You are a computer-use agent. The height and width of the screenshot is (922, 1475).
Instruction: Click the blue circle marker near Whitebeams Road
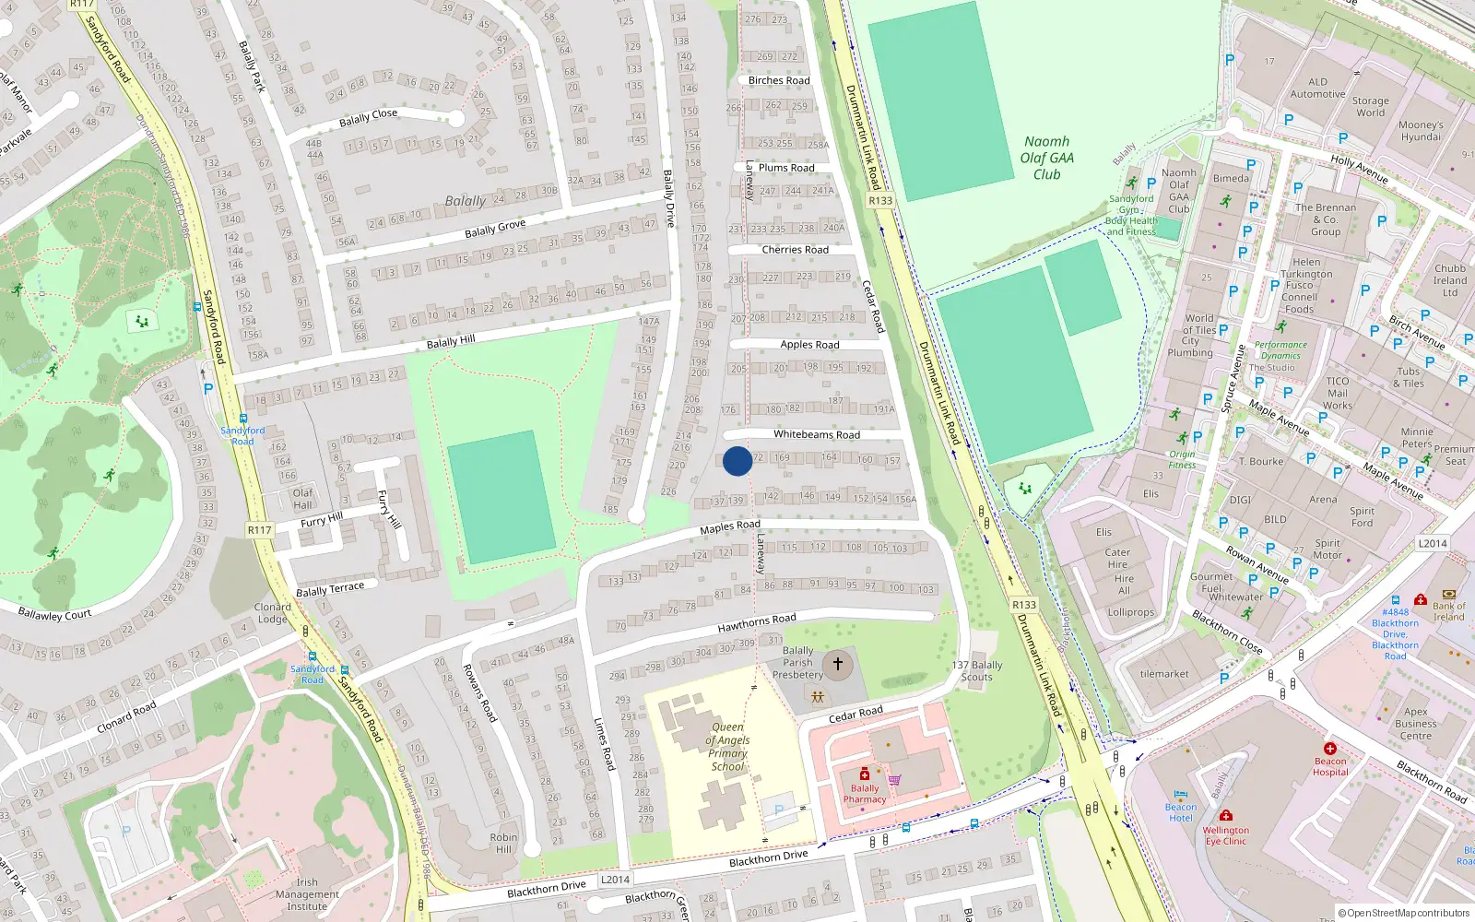tap(737, 461)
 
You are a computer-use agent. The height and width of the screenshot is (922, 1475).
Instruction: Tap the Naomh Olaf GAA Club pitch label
tap(1046, 158)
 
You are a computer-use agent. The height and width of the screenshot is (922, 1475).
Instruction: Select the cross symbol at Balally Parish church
tap(837, 663)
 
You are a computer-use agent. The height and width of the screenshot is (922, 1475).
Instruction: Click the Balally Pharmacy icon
tap(864, 774)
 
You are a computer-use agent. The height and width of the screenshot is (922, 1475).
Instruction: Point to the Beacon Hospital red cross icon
tap(1329, 748)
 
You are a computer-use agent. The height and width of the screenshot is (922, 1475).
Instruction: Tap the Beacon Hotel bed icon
tap(1181, 794)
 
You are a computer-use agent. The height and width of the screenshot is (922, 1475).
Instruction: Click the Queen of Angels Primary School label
tap(728, 747)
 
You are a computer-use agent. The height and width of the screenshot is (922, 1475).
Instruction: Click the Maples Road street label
tap(730, 526)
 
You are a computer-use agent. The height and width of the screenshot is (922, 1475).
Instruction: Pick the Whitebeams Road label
tap(816, 434)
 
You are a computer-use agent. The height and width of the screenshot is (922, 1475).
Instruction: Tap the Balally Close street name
tap(368, 117)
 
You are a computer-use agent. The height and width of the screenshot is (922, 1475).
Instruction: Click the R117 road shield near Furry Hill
tap(260, 530)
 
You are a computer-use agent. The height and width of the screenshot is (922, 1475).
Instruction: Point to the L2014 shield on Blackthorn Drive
tap(615, 880)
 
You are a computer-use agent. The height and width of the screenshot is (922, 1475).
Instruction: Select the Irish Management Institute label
tap(307, 894)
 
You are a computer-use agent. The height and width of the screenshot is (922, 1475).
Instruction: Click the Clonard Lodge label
tap(273, 613)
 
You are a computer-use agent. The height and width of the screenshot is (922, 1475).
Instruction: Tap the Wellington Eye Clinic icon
tap(1225, 815)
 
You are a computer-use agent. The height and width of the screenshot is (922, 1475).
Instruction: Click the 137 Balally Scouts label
tap(977, 670)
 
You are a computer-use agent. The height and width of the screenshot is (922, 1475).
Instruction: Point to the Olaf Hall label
tap(303, 499)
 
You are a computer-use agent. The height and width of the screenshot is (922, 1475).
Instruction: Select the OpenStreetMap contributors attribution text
tap(1408, 914)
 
